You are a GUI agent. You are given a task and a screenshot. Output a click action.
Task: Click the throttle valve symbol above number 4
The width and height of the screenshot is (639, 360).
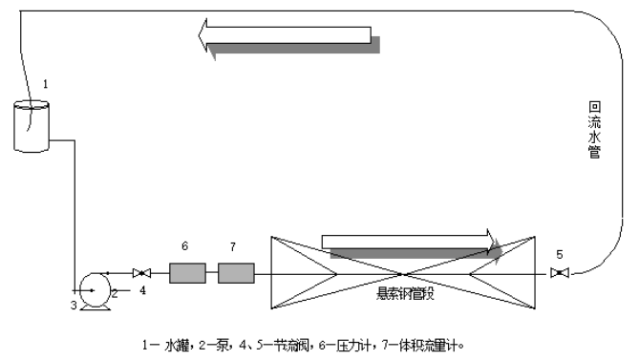140,273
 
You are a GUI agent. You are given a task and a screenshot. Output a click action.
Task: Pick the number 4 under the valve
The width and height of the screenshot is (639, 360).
143,289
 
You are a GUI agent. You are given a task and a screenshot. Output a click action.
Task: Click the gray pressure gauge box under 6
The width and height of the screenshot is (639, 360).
187,274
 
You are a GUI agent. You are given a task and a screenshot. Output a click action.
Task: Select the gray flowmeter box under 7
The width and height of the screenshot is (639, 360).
235,274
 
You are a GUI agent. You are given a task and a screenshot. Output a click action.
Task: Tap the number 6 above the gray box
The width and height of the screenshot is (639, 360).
185,246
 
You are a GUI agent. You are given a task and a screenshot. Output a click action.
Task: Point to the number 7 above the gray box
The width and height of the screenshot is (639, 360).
233,246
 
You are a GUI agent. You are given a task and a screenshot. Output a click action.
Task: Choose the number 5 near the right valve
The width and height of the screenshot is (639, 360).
560,254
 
